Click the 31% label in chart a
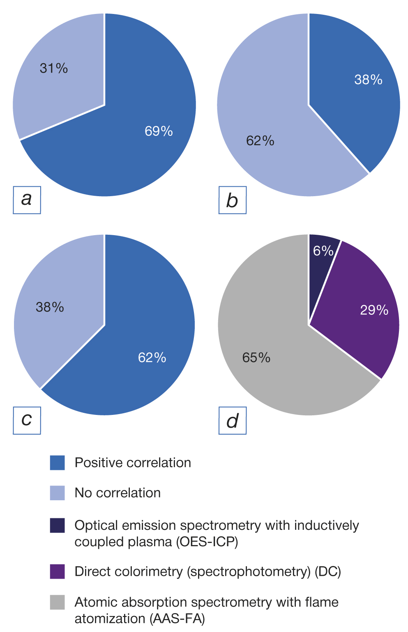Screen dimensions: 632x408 (54, 68)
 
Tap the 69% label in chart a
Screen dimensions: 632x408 (159, 131)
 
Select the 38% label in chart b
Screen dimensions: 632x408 (368, 80)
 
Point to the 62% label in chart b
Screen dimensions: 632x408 (260, 141)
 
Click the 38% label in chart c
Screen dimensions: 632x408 (50, 307)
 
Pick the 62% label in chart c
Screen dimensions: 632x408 (152, 358)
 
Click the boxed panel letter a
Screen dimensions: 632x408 (27, 200)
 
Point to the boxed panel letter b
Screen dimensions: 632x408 (233, 200)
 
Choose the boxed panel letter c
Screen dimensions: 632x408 (27, 420)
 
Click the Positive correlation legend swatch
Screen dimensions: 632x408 (58, 463)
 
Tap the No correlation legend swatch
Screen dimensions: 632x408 (58, 493)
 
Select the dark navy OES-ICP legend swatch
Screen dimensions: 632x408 (58, 526)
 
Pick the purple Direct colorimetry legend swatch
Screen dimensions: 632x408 (58, 572)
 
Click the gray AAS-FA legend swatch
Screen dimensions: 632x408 (58, 602)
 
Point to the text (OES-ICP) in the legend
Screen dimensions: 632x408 (207, 542)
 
